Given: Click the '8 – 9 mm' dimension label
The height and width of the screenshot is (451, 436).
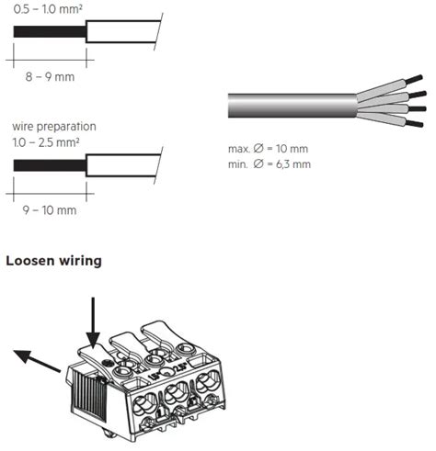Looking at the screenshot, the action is [x=50, y=76].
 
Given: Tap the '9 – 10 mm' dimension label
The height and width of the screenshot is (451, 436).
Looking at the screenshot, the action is [x=50, y=210].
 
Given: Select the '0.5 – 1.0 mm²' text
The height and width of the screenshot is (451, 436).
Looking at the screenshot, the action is [x=48, y=9].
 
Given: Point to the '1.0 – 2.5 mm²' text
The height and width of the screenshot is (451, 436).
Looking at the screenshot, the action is [x=46, y=142].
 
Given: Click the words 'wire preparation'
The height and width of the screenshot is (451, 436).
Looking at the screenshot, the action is [x=54, y=127].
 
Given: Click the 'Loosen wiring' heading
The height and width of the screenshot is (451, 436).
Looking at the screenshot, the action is [x=53, y=261].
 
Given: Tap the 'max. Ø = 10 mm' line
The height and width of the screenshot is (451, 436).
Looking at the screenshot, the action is [x=268, y=149].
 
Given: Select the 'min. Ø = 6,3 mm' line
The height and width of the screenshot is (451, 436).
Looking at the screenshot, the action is [x=270, y=164].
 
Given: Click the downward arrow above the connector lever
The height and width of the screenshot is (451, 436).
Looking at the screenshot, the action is [x=93, y=323].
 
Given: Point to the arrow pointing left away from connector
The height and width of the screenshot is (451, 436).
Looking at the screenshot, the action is [x=37, y=361].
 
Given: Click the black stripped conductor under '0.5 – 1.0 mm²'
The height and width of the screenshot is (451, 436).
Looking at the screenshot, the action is [x=50, y=32].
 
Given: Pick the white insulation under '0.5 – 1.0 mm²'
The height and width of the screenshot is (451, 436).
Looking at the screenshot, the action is [x=122, y=31].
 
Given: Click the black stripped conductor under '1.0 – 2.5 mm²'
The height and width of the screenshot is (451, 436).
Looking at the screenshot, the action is [x=50, y=165].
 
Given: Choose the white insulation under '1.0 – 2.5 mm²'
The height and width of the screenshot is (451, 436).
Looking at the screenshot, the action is [x=122, y=165].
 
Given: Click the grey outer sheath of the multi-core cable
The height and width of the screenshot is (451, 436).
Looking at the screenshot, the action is [x=293, y=106].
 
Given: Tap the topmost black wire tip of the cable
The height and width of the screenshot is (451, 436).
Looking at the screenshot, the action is [x=415, y=79].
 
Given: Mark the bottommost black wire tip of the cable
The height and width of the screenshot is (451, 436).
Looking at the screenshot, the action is [x=415, y=123].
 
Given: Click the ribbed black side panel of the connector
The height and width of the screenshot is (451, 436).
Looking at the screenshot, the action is [x=89, y=395].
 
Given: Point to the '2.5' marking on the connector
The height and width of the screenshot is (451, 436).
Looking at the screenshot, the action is [x=180, y=367].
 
